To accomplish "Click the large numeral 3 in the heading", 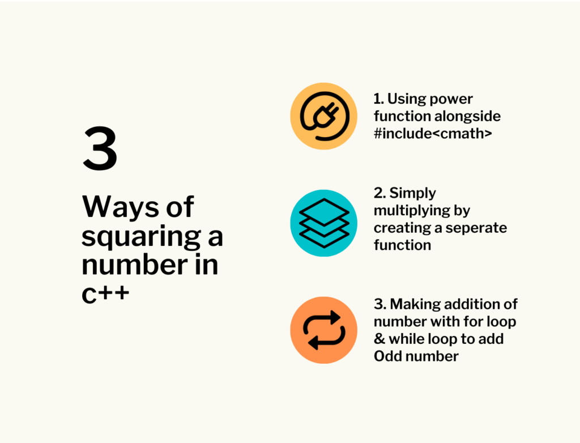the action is pyautogui.click(x=100, y=148).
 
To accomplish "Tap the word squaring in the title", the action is pyautogui.click(x=141, y=237).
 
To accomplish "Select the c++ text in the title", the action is pyautogui.click(x=105, y=293).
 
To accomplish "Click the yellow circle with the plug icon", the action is pyautogui.click(x=323, y=116).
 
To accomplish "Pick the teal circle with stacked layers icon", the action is pyautogui.click(x=323, y=223).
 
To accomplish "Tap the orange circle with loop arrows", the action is pyautogui.click(x=323, y=330).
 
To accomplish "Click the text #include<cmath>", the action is pyautogui.click(x=433, y=133).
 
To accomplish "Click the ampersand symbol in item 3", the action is pyautogui.click(x=379, y=339).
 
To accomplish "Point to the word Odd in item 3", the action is pyautogui.click(x=385, y=356).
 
